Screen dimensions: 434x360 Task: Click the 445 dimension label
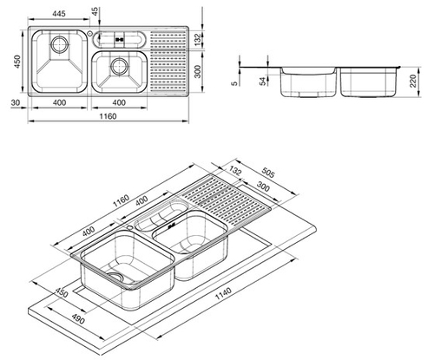pyautogui.click(x=59, y=13)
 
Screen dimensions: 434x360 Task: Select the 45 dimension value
pyautogui.click(x=95, y=12)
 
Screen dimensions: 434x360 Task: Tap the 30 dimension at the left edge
pyautogui.click(x=15, y=102)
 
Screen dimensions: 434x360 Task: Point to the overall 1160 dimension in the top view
pyautogui.click(x=108, y=116)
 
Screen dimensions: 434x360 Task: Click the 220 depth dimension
pyautogui.click(x=413, y=81)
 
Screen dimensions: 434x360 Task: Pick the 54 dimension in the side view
pyautogui.click(x=263, y=82)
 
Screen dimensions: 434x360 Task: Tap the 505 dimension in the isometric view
pyautogui.click(x=267, y=173)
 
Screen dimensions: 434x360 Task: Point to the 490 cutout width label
pyautogui.click(x=78, y=318)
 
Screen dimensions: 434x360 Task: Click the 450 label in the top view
pyautogui.click(x=17, y=62)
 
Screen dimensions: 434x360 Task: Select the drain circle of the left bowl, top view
pyautogui.click(x=60, y=45)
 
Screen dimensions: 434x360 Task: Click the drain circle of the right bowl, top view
pyautogui.click(x=119, y=66)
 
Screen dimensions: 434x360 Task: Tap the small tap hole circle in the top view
pyautogui.click(x=89, y=33)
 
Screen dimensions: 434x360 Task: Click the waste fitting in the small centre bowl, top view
pyautogui.click(x=119, y=40)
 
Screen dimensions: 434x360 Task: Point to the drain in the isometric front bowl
pyautogui.click(x=116, y=277)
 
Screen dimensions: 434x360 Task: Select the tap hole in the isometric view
pyautogui.click(x=130, y=227)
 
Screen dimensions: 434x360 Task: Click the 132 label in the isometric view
pyautogui.click(x=235, y=171)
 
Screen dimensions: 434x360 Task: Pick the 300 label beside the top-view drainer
pyautogui.click(x=197, y=71)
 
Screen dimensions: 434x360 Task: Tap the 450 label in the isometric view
pyautogui.click(x=62, y=292)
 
